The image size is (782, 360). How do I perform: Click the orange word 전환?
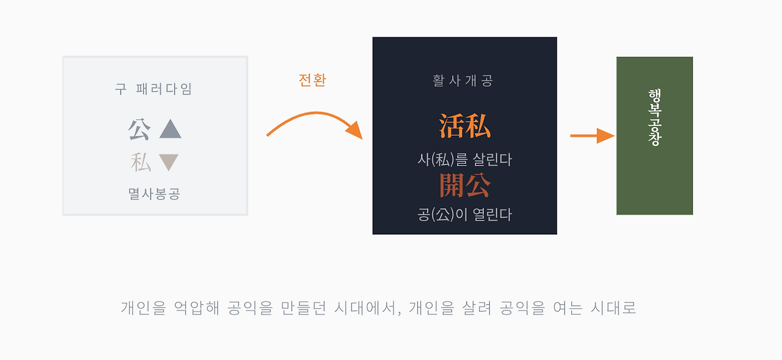[312, 80]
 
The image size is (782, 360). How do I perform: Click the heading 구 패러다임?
[154, 89]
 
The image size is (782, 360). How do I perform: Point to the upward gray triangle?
[170, 129]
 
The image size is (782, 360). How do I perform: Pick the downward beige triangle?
[169, 162]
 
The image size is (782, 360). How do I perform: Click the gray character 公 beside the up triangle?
[139, 129]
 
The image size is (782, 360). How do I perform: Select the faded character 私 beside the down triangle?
[141, 163]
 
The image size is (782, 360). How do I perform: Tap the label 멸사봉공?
[154, 194]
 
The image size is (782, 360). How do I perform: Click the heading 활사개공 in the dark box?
[463, 81]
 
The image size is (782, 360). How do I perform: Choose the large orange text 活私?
[464, 127]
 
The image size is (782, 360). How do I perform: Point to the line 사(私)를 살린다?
[464, 160]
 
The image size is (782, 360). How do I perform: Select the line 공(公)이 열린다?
[464, 215]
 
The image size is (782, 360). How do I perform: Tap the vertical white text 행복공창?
[654, 117]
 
